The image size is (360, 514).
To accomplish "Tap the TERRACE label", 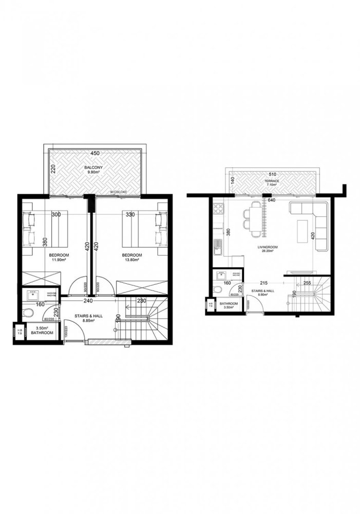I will pyautogui.click(x=272, y=181).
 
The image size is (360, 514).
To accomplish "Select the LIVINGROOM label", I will pyautogui.click(x=268, y=248).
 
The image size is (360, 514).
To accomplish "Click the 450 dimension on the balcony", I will pyautogui.click(x=94, y=153).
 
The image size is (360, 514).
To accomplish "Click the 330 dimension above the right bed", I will pyautogui.click(x=130, y=214).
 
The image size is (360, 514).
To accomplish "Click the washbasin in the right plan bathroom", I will pyautogui.click(x=220, y=274).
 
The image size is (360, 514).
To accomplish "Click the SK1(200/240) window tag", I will pyautogui.click(x=118, y=192).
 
